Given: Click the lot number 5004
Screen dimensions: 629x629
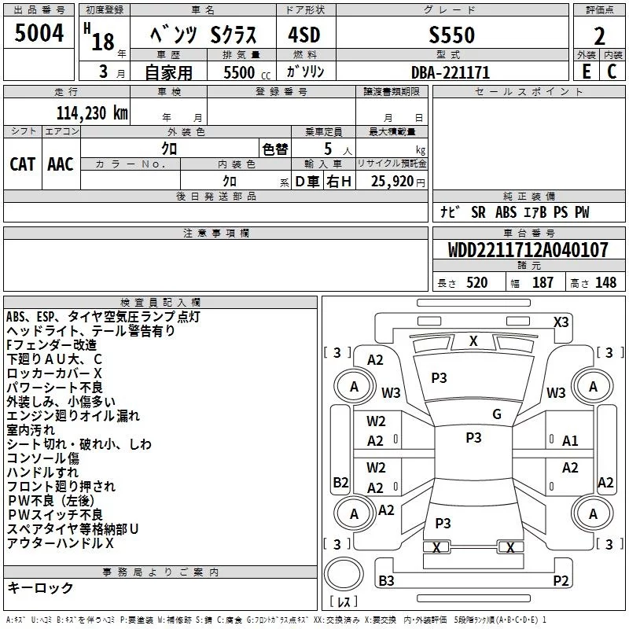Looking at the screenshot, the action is (x=39, y=32).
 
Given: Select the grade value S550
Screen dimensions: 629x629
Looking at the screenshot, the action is (x=451, y=35).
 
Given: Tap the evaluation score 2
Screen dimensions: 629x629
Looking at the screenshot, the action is (x=599, y=36).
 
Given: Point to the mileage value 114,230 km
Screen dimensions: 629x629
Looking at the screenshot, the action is (x=92, y=113).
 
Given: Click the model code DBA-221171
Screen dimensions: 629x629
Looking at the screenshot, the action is (x=451, y=72).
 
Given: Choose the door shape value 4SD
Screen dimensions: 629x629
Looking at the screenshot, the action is (x=304, y=35).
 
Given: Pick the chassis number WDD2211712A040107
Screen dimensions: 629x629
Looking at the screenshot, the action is (x=528, y=250).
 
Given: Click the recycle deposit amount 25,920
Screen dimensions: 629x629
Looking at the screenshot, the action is (x=392, y=181).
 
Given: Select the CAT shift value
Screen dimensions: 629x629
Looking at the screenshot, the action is (x=22, y=164).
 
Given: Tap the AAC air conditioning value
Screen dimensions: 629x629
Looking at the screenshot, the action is (x=61, y=164).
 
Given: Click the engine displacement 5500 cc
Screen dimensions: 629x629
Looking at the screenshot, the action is (x=247, y=72).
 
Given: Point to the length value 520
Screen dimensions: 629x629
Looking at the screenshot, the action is (x=476, y=282).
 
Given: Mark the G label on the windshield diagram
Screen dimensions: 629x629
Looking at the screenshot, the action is (x=497, y=414).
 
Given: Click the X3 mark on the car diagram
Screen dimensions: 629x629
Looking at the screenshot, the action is (x=561, y=322).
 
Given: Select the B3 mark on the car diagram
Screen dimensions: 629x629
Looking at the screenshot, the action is (x=386, y=580).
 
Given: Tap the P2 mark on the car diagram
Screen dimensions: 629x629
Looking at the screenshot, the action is (x=561, y=580).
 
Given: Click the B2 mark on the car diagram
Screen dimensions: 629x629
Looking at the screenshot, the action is (x=340, y=482).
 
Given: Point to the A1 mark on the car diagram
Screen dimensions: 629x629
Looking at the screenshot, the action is (x=569, y=441).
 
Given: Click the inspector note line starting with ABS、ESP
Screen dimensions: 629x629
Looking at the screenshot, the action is (x=103, y=317).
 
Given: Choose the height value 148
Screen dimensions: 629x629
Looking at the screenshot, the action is (x=605, y=282).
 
